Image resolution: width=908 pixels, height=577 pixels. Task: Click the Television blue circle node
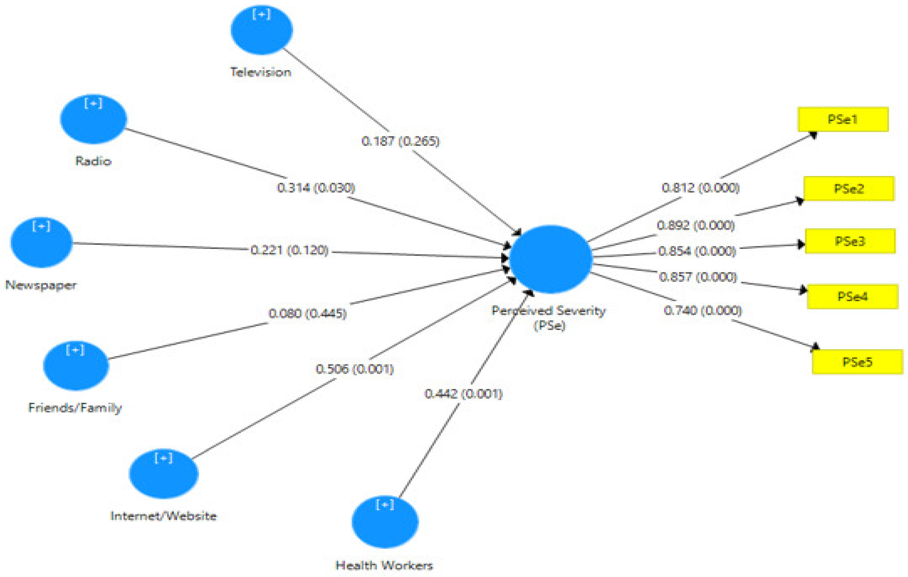[262, 30]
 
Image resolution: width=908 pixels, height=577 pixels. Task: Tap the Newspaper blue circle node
[41, 243]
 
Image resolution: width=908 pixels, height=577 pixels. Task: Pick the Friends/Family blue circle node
[76, 366]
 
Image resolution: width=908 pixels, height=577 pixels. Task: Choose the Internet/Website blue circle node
[164, 474]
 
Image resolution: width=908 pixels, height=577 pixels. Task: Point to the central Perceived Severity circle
[551, 259]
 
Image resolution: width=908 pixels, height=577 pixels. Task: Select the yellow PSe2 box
[849, 189]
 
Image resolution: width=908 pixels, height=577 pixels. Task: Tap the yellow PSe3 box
[850, 241]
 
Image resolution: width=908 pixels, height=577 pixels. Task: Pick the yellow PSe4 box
[852, 297]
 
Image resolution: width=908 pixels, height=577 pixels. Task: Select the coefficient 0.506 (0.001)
[354, 369]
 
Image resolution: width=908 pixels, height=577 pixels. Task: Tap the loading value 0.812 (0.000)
[701, 188]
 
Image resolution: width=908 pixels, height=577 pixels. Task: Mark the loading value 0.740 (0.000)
[703, 311]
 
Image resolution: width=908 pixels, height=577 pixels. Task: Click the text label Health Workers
[384, 565]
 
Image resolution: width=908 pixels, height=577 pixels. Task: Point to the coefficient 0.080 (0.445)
[307, 313]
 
